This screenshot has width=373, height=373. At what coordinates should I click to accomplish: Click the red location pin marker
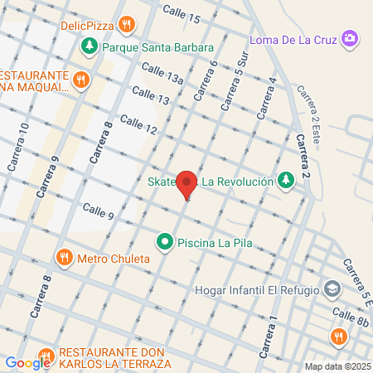pos(187,185)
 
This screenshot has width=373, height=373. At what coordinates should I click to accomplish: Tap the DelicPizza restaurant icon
pos(126,25)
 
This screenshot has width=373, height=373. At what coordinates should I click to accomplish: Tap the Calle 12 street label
pos(138,125)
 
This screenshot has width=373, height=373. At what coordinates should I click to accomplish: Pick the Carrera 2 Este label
pos(308,104)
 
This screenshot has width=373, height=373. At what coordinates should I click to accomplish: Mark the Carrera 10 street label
pos(18,148)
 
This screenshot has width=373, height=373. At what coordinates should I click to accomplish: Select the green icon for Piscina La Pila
pos(166,244)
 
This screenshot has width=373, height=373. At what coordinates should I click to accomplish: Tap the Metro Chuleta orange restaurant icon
pos(65,258)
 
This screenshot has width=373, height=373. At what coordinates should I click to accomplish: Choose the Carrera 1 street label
pos(266,337)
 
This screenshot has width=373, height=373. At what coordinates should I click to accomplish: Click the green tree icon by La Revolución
pos(285,179)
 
